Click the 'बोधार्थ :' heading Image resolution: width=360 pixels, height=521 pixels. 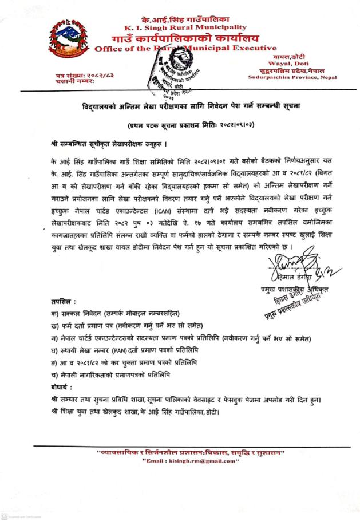[x=63, y=387]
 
